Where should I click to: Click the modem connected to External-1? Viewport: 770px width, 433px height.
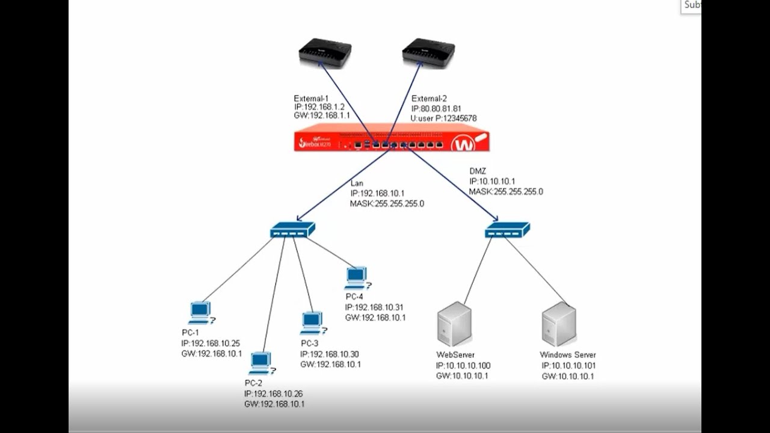(325, 53)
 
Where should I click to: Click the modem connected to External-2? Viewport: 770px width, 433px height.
(428, 53)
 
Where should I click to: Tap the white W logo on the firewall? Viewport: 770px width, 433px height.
(464, 144)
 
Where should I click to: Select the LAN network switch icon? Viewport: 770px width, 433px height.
(292, 229)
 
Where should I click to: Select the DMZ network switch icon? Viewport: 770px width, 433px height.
(507, 229)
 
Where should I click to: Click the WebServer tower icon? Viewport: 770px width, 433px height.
(454, 325)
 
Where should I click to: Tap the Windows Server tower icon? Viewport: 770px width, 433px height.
(559, 325)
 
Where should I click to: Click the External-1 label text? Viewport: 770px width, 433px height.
(312, 99)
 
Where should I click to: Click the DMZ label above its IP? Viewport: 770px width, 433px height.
(477, 171)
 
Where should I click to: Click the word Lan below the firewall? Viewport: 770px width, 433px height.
(357, 183)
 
